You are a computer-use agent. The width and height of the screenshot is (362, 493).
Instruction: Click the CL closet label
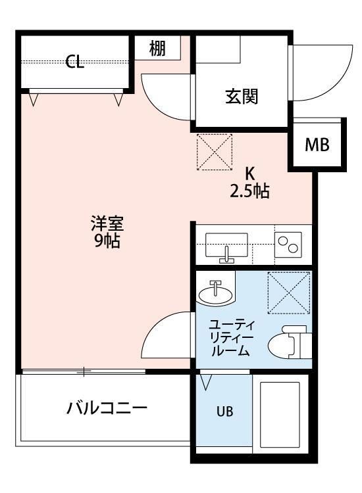[74, 63]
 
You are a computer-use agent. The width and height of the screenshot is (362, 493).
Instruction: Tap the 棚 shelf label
[157, 48]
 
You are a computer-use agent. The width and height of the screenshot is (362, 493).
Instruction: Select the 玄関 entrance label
[242, 97]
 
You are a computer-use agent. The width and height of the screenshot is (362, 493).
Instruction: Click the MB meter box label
[317, 145]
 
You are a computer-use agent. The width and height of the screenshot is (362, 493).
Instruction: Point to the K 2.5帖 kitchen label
[249, 183]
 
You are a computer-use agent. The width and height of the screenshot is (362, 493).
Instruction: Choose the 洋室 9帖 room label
[107, 231]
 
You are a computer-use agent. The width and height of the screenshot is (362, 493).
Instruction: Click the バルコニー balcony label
[107, 408]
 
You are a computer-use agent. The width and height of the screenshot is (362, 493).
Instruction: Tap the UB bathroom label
[224, 413]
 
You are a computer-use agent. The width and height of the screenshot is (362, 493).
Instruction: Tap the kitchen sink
[226, 247]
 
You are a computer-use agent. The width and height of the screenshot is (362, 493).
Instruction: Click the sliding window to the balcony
[84, 372]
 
